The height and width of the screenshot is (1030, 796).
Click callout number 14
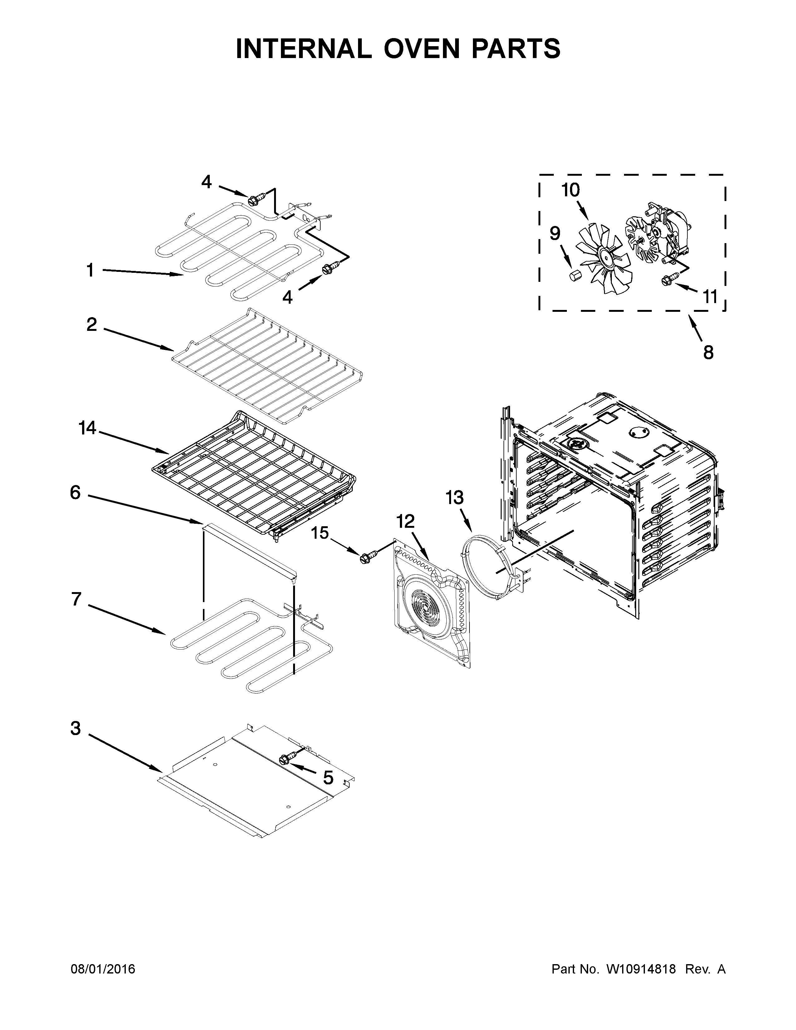87,428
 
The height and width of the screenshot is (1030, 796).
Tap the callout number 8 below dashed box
708,352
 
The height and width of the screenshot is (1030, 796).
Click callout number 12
405,521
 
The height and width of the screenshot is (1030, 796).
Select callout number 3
76,728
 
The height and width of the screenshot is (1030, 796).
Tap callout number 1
90,270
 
